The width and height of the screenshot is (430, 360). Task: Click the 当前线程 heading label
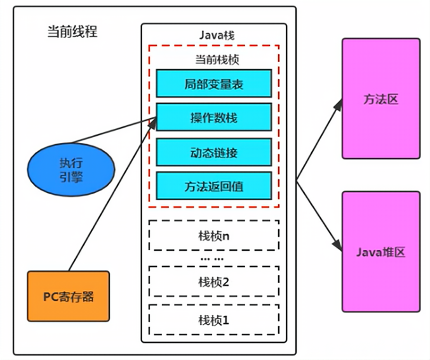72,32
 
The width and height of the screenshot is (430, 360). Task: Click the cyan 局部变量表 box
213,83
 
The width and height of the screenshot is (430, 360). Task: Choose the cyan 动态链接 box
213,152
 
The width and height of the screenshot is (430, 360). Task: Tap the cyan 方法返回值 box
213,187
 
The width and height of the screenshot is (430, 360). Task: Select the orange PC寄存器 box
68,296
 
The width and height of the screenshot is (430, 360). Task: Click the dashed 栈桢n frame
213,236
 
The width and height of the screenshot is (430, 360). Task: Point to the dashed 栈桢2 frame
213,282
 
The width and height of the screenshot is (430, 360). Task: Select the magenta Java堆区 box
380,251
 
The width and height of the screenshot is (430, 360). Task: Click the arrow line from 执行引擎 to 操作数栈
121,134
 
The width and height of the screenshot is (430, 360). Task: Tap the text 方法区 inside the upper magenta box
380,100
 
